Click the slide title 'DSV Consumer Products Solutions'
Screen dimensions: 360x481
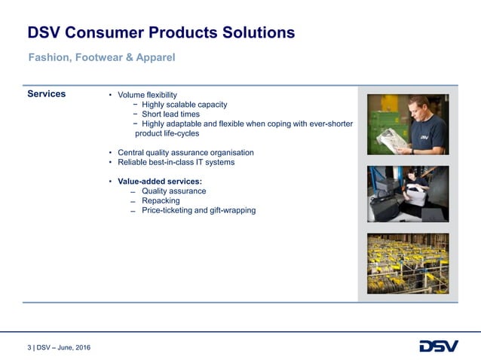coord(161,32)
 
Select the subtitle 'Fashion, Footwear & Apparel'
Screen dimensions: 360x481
coord(102,57)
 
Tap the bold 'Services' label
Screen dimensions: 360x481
coord(47,94)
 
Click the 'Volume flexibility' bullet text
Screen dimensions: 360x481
coord(147,95)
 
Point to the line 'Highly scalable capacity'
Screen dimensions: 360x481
coord(184,105)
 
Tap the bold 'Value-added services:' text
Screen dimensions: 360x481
coord(159,182)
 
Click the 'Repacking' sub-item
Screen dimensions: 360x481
coord(161,201)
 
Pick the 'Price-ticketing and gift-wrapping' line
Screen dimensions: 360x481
coord(198,211)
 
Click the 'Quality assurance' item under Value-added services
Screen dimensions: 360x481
coord(173,191)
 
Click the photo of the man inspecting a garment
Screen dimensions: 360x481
coord(407,124)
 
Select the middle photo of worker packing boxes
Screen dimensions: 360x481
coord(407,194)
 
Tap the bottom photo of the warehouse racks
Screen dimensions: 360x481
coord(407,263)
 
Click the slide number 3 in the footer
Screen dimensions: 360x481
coord(29,347)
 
